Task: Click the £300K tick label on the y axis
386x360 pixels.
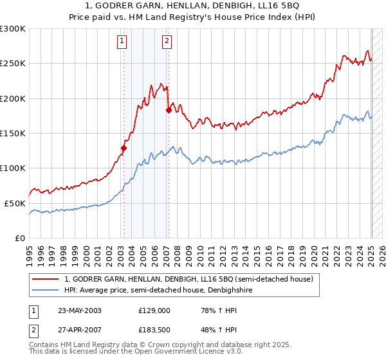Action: (x=12, y=29)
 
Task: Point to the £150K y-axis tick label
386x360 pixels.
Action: (x=12, y=134)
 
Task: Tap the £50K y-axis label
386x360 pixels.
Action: (x=14, y=203)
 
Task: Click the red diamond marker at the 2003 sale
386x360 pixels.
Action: (x=124, y=148)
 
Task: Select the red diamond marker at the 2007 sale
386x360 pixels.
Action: (x=169, y=110)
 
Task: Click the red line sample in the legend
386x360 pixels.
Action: (x=46, y=279)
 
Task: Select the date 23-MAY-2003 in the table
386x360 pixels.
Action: (x=79, y=310)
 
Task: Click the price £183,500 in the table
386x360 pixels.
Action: (x=154, y=329)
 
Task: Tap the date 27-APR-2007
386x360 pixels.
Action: (x=79, y=329)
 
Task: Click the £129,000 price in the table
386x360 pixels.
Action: (x=154, y=310)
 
